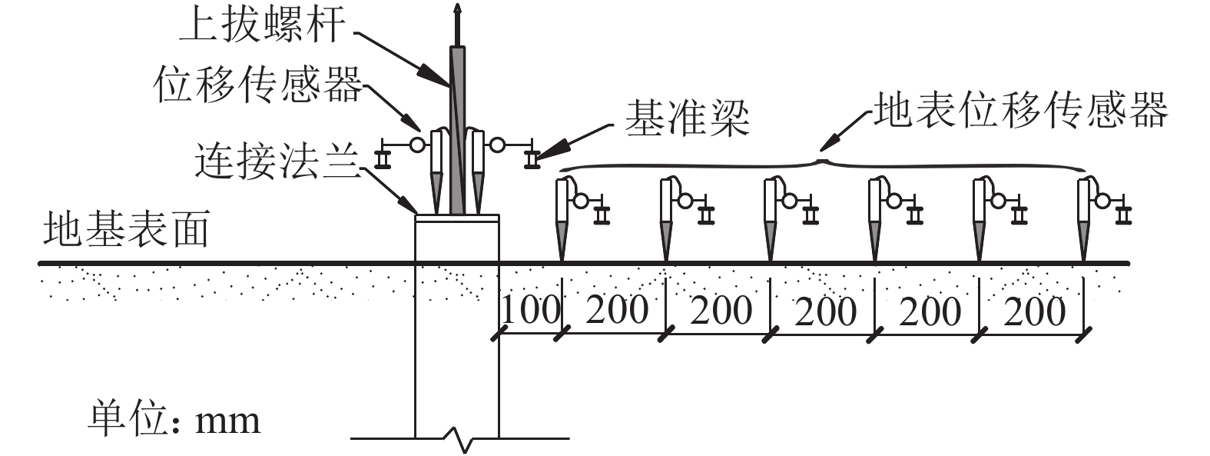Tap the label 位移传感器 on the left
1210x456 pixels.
click(x=258, y=85)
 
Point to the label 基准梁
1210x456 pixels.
click(x=686, y=119)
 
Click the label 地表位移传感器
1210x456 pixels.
click(x=1021, y=110)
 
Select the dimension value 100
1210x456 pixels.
click(x=530, y=309)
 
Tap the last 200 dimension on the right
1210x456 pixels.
click(x=1034, y=310)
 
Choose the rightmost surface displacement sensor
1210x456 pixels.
click(x=1085, y=215)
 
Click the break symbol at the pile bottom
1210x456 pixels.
click(x=459, y=441)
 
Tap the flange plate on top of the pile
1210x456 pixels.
click(x=456, y=218)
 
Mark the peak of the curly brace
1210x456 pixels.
click(x=822, y=159)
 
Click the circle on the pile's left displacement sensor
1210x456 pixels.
click(x=416, y=144)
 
